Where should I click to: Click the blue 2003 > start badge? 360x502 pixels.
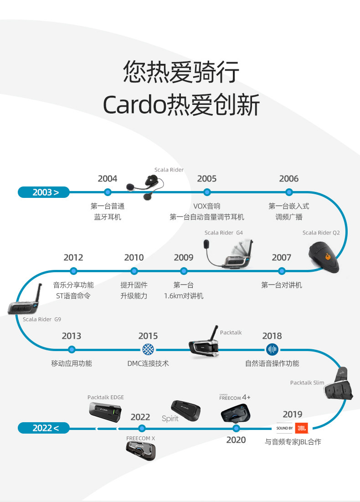click(44, 192)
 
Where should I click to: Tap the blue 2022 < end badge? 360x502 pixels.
click(44, 428)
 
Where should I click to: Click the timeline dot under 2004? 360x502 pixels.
click(108, 192)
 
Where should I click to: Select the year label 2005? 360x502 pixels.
click(207, 179)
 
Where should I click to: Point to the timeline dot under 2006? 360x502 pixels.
click(289, 192)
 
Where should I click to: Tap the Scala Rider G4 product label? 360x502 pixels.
click(223, 233)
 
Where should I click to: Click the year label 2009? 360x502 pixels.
click(184, 258)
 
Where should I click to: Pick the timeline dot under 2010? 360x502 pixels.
click(134, 271)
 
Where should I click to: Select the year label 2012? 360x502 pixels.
click(73, 258)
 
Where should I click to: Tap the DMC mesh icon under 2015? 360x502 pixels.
click(148, 350)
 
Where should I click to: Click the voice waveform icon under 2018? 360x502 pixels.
click(272, 350)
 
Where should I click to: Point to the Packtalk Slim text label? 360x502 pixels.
click(307, 383)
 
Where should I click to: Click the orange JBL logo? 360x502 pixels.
click(301, 428)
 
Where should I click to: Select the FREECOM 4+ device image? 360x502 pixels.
click(236, 413)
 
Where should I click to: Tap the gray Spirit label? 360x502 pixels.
click(170, 419)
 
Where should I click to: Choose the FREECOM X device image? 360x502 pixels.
click(141, 451)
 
